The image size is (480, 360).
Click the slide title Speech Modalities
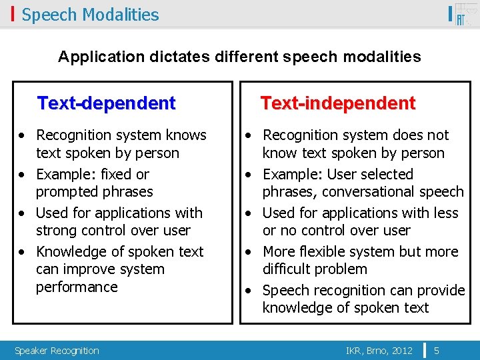90,15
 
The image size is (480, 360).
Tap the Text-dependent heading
107,103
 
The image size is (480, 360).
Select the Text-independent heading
337,103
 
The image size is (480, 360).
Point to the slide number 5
436,350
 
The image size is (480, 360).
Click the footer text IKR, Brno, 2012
379,350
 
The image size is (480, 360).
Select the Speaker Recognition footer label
57,351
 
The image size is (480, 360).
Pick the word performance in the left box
77,287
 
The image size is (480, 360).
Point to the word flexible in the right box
327,252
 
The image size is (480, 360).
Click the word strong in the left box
55,231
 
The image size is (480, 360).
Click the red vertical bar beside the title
13,14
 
